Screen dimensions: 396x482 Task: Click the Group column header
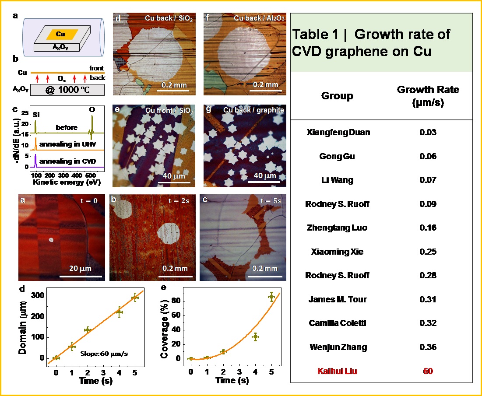pos(337,96)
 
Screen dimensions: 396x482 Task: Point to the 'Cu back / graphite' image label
pos(253,110)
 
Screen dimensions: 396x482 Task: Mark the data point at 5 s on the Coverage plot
pos(271,297)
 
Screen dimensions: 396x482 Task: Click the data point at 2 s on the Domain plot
pos(88,329)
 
